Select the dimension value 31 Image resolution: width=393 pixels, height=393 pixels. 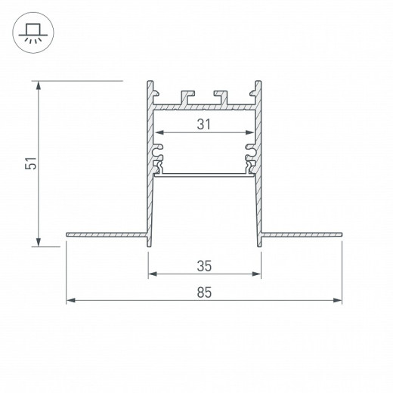point(203,124)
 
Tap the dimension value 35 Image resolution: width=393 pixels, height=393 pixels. point(203,265)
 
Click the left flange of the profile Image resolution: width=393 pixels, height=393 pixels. point(105,234)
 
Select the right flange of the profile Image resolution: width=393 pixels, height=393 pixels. point(301,234)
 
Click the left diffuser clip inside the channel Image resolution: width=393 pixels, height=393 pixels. point(158,159)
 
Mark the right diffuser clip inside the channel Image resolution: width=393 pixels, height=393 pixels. point(249,159)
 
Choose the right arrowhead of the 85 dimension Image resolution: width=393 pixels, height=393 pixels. point(336,301)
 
